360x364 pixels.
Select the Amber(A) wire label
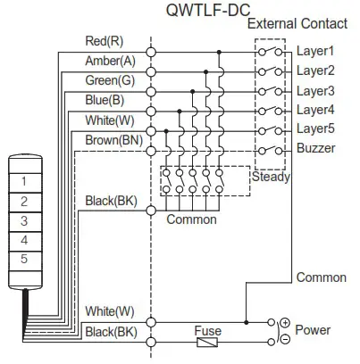point(110,61)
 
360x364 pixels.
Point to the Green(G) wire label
point(110,80)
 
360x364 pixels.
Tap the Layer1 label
point(314,52)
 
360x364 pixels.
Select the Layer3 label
point(314,91)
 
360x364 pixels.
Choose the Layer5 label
point(314,130)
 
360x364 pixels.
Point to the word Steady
point(270,179)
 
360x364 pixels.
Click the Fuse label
point(207,330)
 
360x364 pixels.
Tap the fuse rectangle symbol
point(207,342)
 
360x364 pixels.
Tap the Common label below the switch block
point(191,219)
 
